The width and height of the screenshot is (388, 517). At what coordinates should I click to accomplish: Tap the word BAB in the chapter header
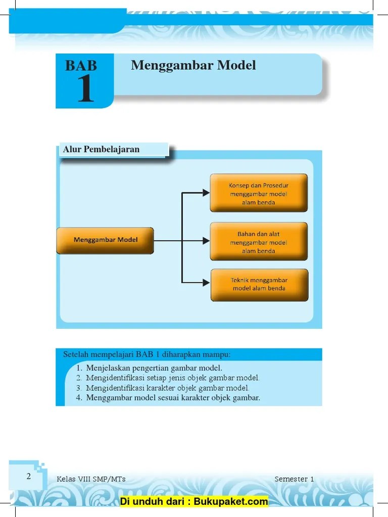[81, 66]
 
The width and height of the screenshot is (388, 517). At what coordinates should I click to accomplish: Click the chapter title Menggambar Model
[193, 66]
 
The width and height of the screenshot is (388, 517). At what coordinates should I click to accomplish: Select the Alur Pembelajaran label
[101, 149]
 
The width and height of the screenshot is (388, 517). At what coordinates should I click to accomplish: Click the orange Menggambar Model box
[105, 240]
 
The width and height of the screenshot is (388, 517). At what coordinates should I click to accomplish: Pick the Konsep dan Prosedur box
[258, 193]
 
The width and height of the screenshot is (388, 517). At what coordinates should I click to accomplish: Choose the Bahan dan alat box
[258, 242]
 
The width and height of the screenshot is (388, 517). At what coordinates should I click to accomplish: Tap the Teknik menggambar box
[259, 285]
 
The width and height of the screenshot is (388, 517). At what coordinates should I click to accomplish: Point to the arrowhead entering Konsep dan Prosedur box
[206, 192]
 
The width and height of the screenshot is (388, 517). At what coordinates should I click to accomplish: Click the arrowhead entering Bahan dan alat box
[206, 241]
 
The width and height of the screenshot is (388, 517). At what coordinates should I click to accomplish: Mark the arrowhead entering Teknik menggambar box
[206, 283]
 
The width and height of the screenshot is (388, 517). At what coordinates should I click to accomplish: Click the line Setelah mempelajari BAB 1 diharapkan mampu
[147, 354]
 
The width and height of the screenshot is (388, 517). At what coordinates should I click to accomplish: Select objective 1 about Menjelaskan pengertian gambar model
[154, 368]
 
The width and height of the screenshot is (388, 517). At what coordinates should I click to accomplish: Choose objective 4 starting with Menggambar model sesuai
[173, 398]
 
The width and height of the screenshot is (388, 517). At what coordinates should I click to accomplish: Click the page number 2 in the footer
[29, 476]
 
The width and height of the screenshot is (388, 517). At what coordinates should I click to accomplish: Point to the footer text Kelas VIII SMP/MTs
[91, 479]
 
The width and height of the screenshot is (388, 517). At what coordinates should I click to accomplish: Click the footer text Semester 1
[295, 479]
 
